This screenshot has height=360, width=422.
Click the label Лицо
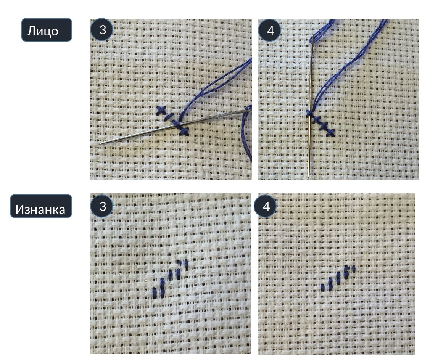tap(43, 31)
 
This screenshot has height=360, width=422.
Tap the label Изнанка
tap(40, 209)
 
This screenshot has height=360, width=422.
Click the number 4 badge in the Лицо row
tap(270, 30)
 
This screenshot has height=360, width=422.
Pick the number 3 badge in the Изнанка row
tap(102, 206)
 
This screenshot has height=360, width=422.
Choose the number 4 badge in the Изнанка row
tap(266, 206)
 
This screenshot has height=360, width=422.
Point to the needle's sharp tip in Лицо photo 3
tap(100, 143)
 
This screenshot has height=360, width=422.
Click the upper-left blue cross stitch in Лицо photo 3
tap(161, 110)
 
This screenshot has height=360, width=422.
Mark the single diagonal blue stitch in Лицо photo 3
tap(169, 116)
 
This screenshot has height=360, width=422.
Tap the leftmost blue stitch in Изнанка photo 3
tap(155, 293)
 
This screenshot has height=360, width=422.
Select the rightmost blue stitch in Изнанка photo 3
tap(186, 265)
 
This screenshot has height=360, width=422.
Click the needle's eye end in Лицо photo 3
tap(248, 109)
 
